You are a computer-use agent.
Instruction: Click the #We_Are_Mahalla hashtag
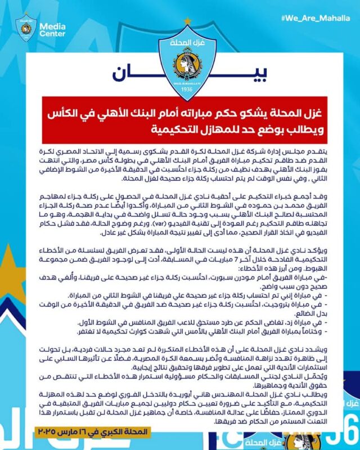click(318, 17)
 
